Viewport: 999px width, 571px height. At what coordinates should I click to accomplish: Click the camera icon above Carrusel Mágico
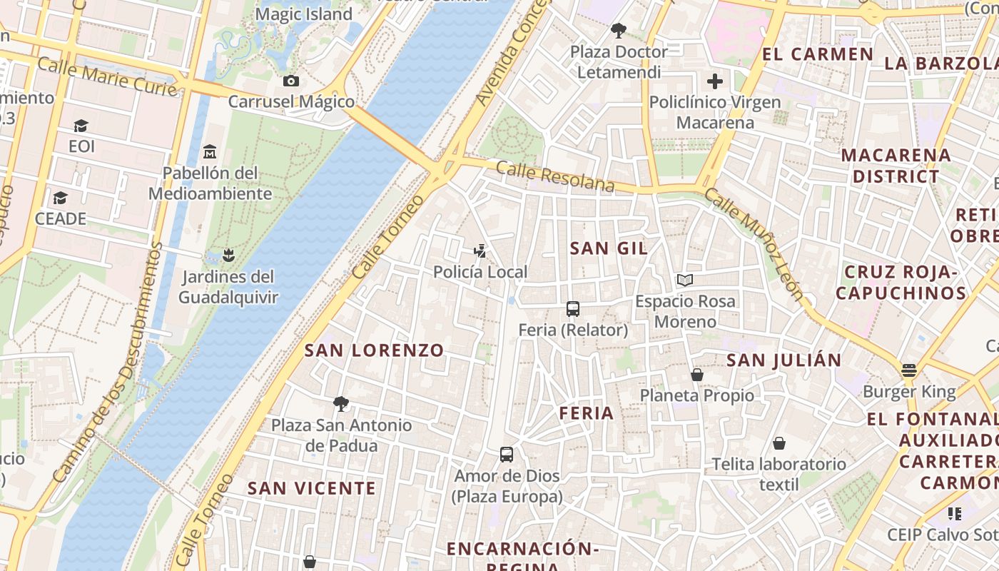click(x=290, y=81)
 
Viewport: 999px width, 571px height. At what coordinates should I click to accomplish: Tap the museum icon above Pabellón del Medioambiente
click(x=210, y=152)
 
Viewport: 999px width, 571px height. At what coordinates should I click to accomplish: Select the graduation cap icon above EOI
click(x=81, y=126)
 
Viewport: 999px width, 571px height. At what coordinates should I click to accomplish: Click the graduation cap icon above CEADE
click(x=61, y=198)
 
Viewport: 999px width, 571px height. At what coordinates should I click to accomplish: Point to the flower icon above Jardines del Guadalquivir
click(x=228, y=255)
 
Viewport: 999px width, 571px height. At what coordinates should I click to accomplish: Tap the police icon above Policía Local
click(x=480, y=251)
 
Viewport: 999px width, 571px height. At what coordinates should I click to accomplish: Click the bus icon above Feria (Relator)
click(x=573, y=309)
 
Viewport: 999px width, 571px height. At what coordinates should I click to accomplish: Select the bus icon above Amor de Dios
click(x=507, y=455)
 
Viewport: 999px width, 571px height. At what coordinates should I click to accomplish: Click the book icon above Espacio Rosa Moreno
click(x=685, y=280)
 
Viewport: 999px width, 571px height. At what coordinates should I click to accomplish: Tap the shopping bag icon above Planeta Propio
click(x=697, y=374)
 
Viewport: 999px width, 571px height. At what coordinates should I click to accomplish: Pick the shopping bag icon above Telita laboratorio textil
click(x=779, y=443)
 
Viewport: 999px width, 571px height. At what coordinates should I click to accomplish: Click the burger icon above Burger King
click(x=908, y=370)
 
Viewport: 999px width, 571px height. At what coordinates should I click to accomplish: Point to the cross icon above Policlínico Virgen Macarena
click(x=715, y=81)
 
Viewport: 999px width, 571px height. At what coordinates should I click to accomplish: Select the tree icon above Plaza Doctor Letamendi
click(x=619, y=31)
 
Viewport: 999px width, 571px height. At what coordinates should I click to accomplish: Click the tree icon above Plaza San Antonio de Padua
click(x=341, y=404)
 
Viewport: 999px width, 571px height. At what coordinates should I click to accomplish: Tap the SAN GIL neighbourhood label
click(x=609, y=248)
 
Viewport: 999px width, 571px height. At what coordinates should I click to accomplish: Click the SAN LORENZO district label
click(x=375, y=350)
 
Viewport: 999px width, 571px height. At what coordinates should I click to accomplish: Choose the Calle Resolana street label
click(x=555, y=176)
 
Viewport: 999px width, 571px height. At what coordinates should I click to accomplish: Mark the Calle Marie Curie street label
click(x=107, y=77)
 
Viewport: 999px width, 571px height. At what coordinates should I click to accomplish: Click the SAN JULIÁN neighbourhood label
click(x=784, y=360)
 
